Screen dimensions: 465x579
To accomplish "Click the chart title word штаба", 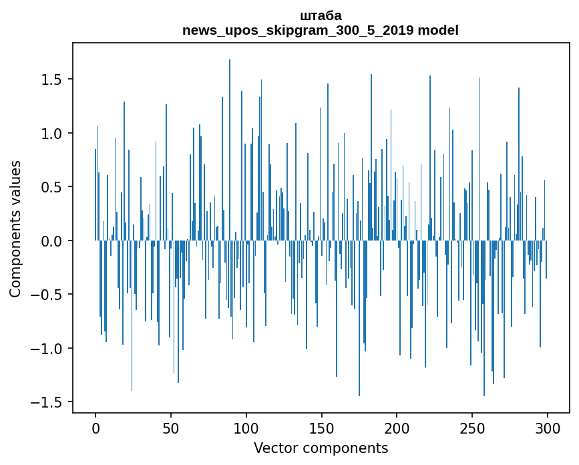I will [321, 15].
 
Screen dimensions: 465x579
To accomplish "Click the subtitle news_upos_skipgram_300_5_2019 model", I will [321, 30].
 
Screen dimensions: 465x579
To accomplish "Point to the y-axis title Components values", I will [15, 228].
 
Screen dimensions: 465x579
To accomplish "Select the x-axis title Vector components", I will [321, 448].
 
